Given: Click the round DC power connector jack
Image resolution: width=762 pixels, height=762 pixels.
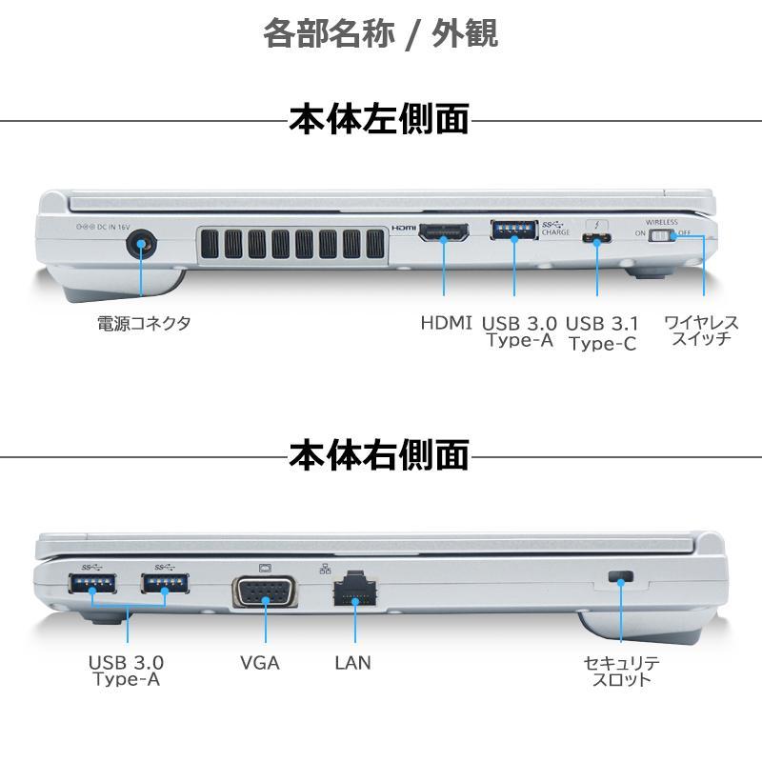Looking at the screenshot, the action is click(x=141, y=243).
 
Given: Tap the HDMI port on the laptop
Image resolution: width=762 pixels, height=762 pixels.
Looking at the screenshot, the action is click(x=444, y=232).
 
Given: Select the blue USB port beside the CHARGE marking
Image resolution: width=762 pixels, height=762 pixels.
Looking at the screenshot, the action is click(x=514, y=230).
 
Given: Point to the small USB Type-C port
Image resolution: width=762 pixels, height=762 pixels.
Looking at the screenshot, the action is click(x=597, y=239).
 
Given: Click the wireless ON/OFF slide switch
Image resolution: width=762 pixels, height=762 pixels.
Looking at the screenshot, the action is click(x=662, y=235).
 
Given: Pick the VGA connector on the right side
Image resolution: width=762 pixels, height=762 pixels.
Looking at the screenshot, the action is click(x=265, y=591).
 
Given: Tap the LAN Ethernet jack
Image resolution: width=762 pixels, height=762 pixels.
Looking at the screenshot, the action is click(x=355, y=589).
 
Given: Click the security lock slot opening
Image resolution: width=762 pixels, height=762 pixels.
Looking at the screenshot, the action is click(x=621, y=576).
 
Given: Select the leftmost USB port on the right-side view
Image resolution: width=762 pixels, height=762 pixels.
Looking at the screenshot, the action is click(x=92, y=583).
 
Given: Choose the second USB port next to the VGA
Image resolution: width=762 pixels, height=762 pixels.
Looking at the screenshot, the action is click(x=165, y=583).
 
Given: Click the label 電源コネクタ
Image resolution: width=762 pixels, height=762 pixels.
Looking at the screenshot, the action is click(x=144, y=323).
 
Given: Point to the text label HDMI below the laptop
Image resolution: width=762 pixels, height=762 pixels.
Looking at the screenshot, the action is click(x=446, y=323).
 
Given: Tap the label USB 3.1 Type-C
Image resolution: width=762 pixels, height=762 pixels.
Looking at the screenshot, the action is click(x=603, y=333).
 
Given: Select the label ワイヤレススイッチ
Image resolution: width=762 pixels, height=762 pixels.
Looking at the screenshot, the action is click(x=701, y=331).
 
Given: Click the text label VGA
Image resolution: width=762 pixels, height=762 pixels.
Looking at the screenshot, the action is click(x=260, y=663).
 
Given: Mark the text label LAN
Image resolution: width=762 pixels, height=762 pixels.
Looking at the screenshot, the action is click(x=352, y=663).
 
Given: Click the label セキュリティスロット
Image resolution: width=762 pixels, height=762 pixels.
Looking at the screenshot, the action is click(x=622, y=672).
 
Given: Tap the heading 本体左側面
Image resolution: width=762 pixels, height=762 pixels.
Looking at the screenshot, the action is click(x=379, y=118).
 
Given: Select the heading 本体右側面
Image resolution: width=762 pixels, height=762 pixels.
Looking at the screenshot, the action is click(x=379, y=455).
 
